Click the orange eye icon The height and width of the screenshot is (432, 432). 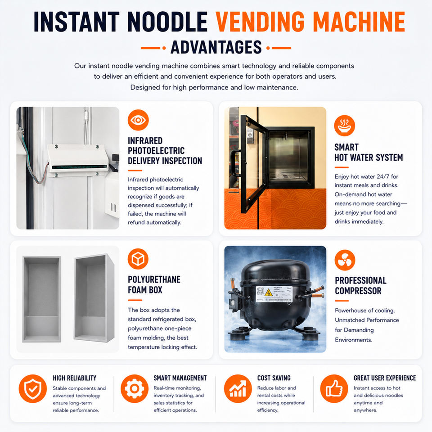click(x=138, y=120)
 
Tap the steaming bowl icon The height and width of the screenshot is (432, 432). click(x=344, y=126)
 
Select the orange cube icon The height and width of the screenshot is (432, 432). click(x=138, y=259)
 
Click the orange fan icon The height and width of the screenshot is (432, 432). click(x=345, y=260)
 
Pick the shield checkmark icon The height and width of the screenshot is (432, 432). click(x=33, y=388)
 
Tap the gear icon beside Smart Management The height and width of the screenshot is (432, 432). click(x=135, y=388)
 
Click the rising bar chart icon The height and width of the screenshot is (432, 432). click(x=238, y=388)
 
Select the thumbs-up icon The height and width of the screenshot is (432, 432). click(x=334, y=388)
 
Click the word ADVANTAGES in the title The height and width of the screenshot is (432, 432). click(x=216, y=47)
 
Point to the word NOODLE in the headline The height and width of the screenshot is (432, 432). click(x=167, y=22)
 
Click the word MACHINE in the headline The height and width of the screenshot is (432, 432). click(x=359, y=22)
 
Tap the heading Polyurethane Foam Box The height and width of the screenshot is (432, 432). click(x=154, y=284)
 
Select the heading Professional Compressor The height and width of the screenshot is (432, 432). click(x=360, y=286)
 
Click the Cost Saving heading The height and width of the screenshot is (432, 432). click(x=274, y=378)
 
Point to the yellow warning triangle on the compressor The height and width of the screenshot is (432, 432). click(x=268, y=292)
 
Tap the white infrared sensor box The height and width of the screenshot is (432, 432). click(x=78, y=160)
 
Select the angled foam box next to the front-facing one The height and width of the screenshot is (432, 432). click(x=94, y=298)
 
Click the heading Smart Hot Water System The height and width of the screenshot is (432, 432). click(x=369, y=153)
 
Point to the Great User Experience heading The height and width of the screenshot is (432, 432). click(x=385, y=378)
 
